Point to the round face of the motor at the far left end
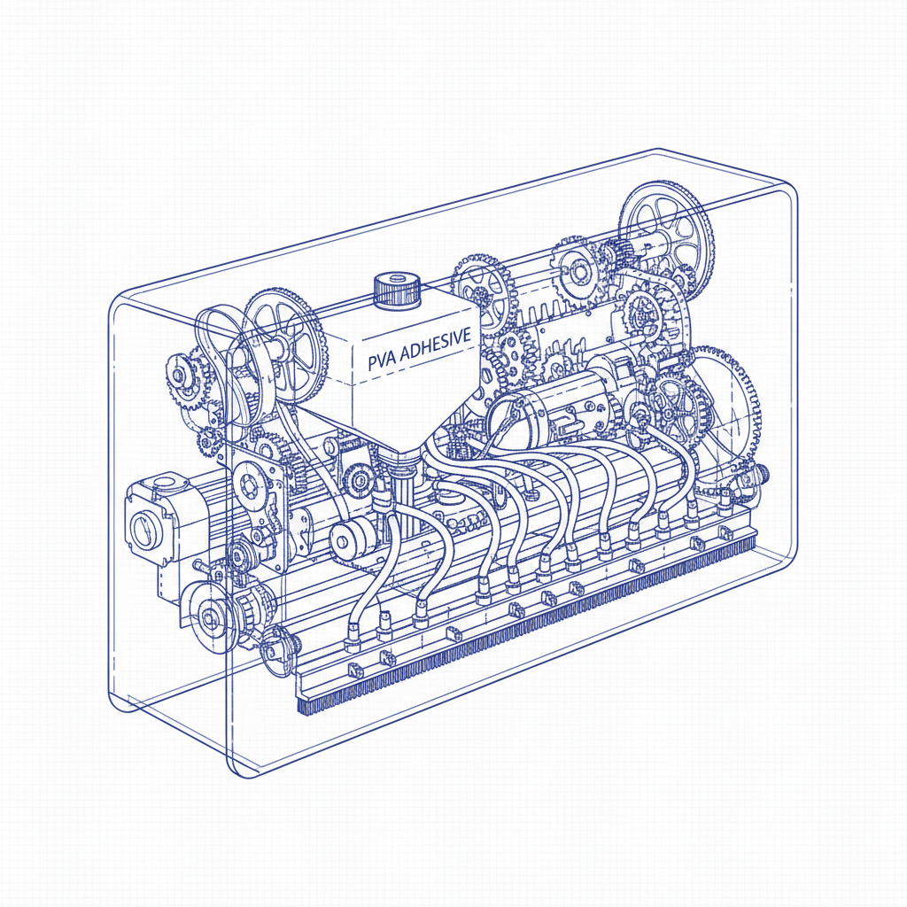[143, 531]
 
